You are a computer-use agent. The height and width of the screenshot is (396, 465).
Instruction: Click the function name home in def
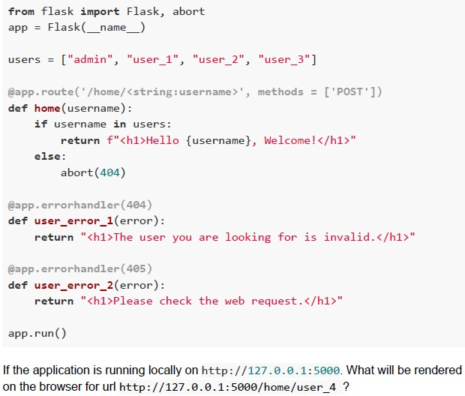47,108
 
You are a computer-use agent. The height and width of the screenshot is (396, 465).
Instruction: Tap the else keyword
47,156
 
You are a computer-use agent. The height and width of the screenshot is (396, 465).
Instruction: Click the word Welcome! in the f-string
291,140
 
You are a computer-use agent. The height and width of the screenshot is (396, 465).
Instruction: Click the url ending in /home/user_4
229,387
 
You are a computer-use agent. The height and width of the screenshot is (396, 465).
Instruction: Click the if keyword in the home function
40,124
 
